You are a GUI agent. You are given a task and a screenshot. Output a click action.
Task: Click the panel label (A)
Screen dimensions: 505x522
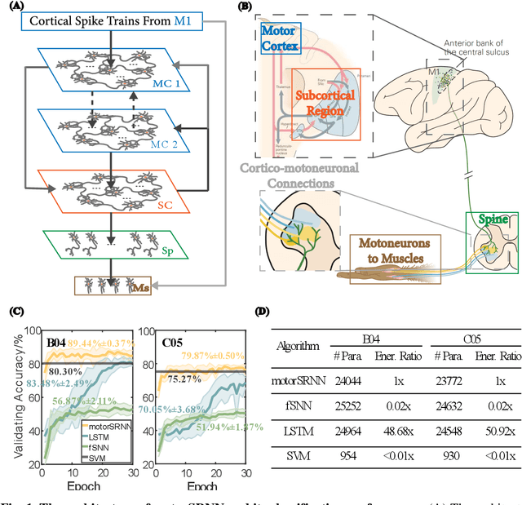[x=14, y=8]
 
